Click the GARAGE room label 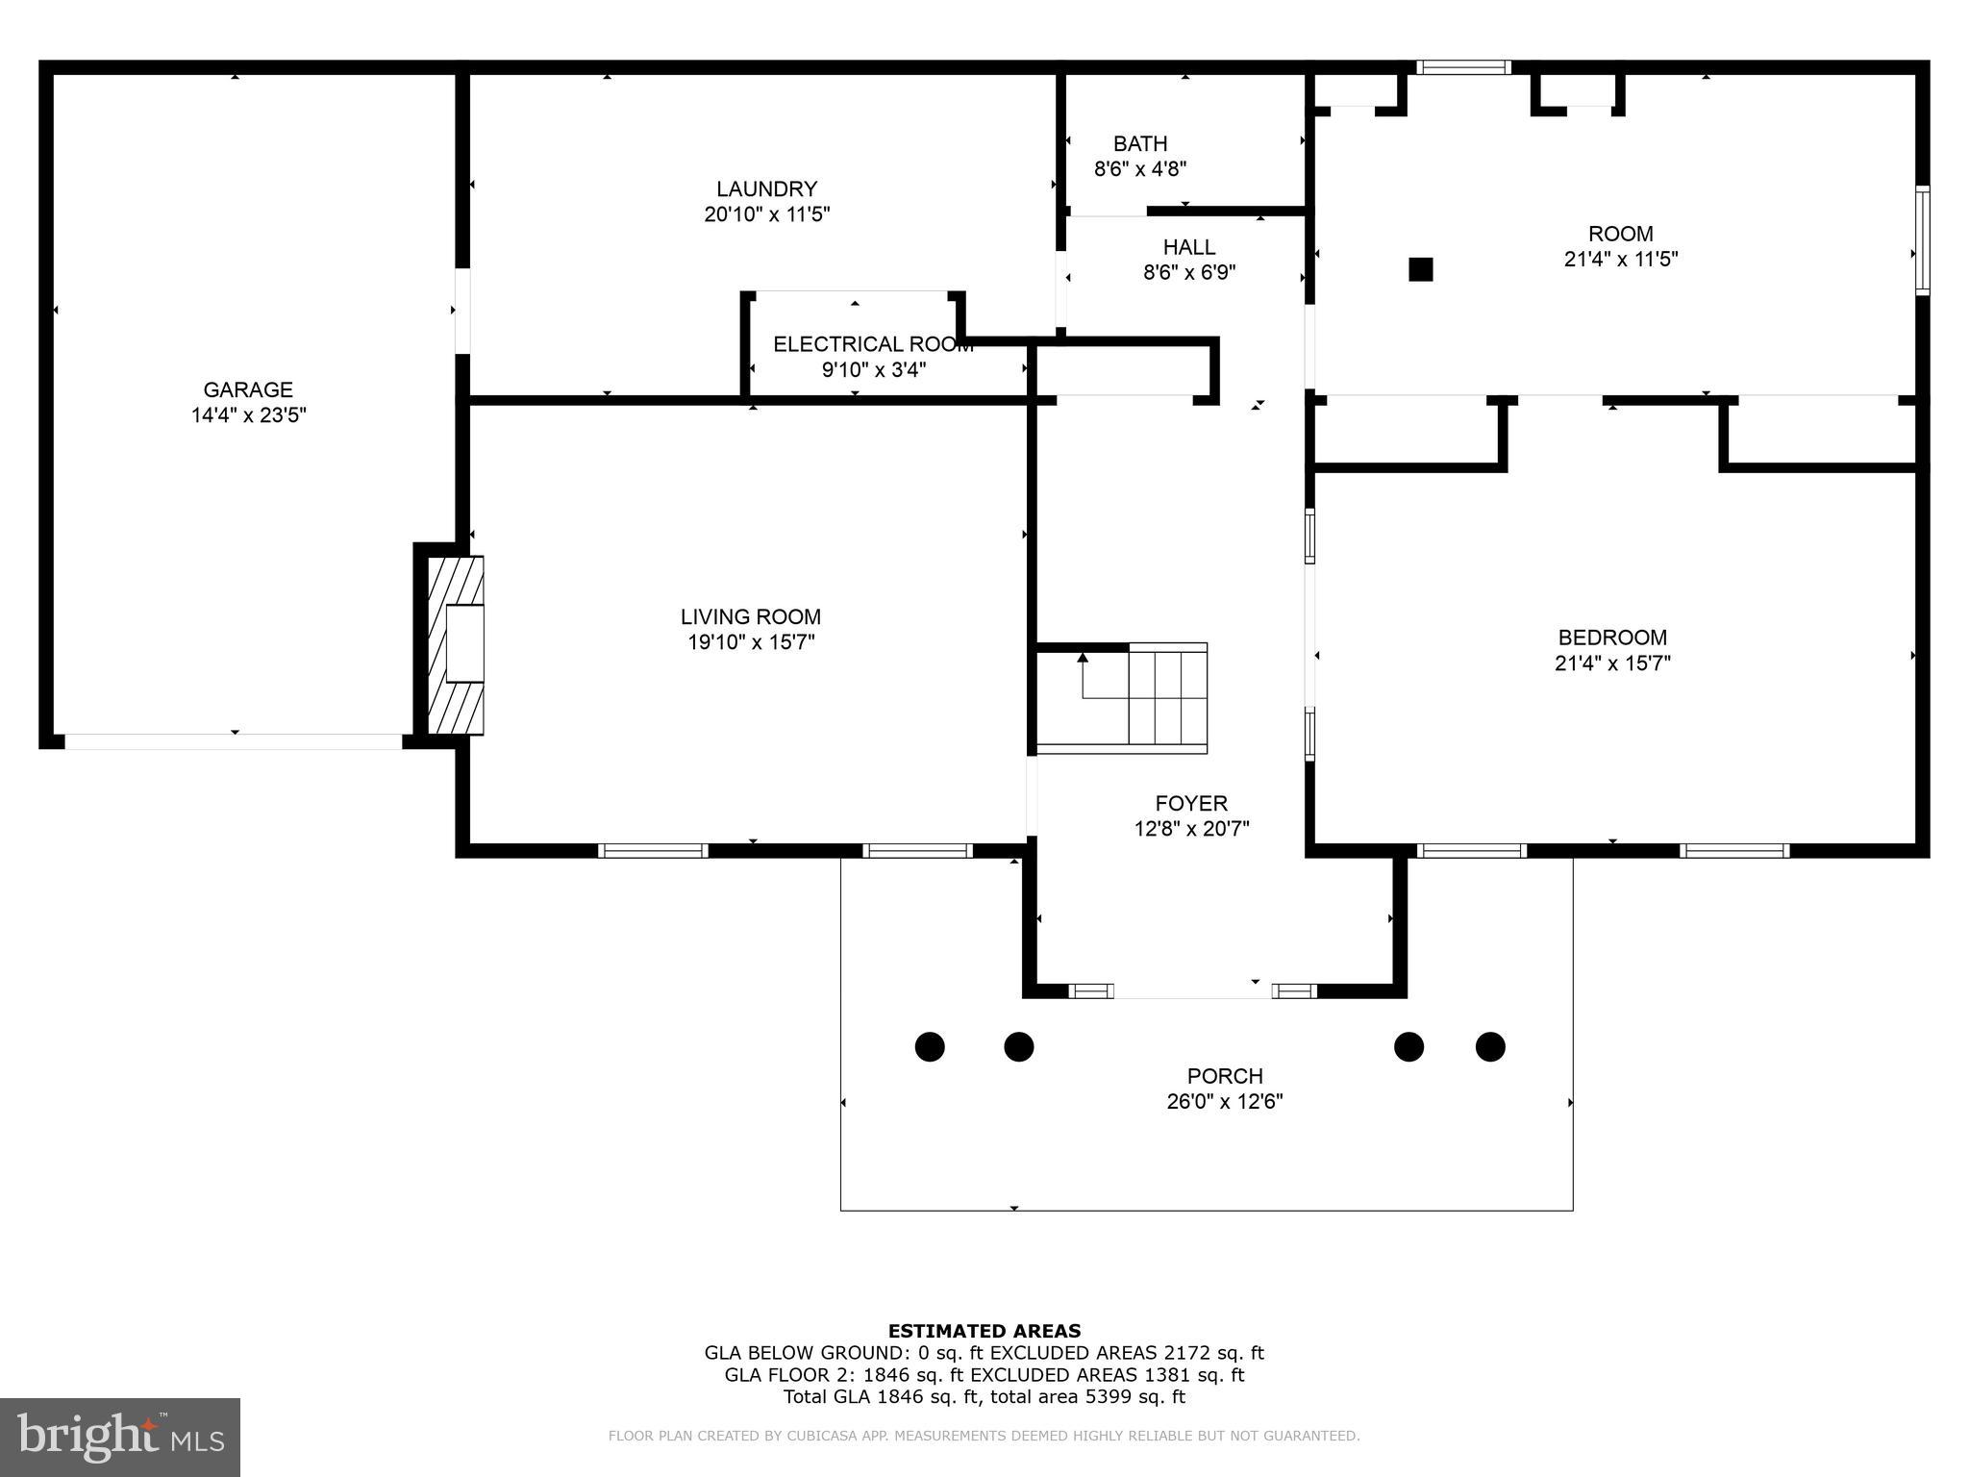(x=248, y=389)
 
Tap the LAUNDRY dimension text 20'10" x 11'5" (x=766, y=213)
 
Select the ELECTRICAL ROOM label (x=873, y=344)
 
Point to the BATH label (x=1140, y=143)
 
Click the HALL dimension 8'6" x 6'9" (x=1189, y=272)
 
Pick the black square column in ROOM (x=1420, y=269)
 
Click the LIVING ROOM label (x=750, y=616)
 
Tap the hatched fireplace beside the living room (x=456, y=644)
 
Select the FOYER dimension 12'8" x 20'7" (x=1191, y=828)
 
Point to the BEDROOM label (x=1612, y=637)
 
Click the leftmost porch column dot (x=930, y=1046)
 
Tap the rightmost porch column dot (x=1490, y=1046)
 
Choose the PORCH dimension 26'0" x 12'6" (x=1225, y=1101)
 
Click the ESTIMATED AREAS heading (x=984, y=1331)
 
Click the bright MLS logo (x=120, y=1438)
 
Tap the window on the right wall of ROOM (x=1922, y=240)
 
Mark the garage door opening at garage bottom (x=234, y=741)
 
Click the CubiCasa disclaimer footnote (x=984, y=1436)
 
